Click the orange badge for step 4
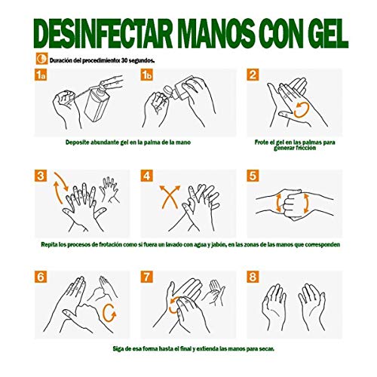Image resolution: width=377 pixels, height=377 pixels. [148, 176]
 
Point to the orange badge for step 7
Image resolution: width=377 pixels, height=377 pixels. [148, 276]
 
